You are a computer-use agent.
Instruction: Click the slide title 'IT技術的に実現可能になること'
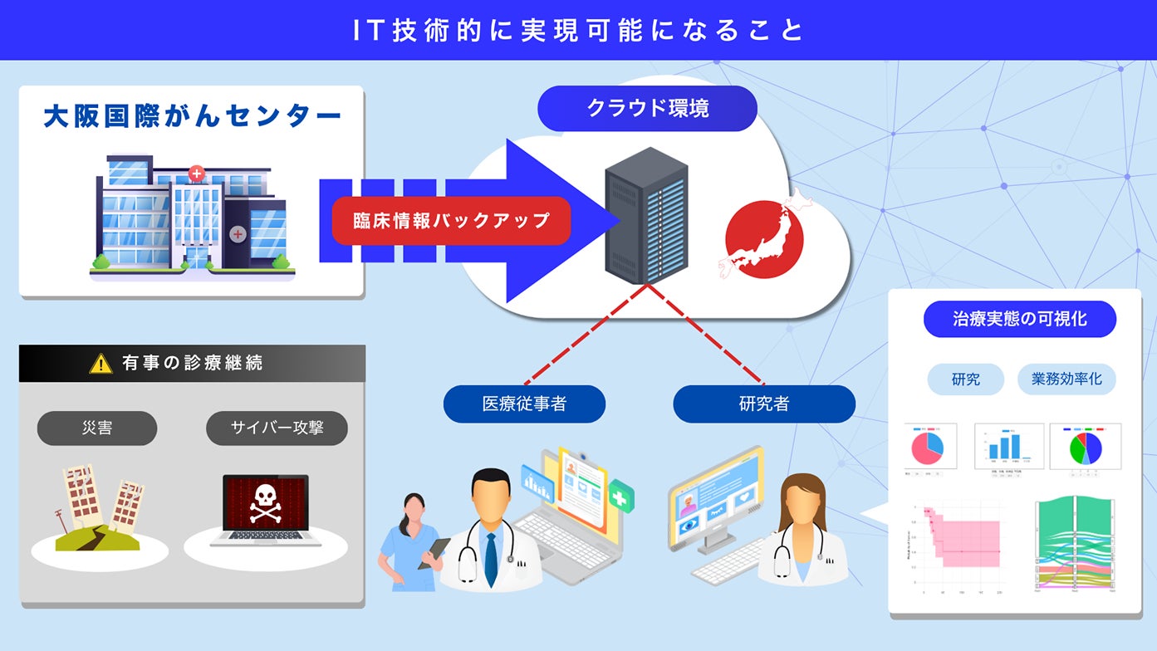click(x=578, y=30)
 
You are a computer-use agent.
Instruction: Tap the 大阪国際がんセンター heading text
click(x=192, y=116)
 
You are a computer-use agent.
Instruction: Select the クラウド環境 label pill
click(x=647, y=108)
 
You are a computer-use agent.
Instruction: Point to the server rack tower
click(x=647, y=215)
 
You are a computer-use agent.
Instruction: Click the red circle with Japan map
click(x=764, y=237)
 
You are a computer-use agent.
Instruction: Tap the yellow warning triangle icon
click(x=101, y=364)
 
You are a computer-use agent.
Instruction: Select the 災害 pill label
click(x=97, y=428)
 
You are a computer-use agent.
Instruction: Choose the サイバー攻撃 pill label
click(x=277, y=428)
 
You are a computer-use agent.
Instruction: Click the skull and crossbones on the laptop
click(x=265, y=503)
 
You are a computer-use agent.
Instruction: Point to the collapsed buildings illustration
click(x=100, y=507)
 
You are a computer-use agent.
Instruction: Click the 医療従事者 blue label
click(x=524, y=404)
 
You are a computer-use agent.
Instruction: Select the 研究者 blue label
click(x=763, y=404)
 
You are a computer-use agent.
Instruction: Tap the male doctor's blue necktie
click(x=490, y=559)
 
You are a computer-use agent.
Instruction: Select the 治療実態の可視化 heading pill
click(x=1019, y=319)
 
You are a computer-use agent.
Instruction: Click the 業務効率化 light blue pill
click(x=1066, y=379)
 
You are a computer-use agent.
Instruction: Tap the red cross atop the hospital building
click(x=196, y=174)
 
